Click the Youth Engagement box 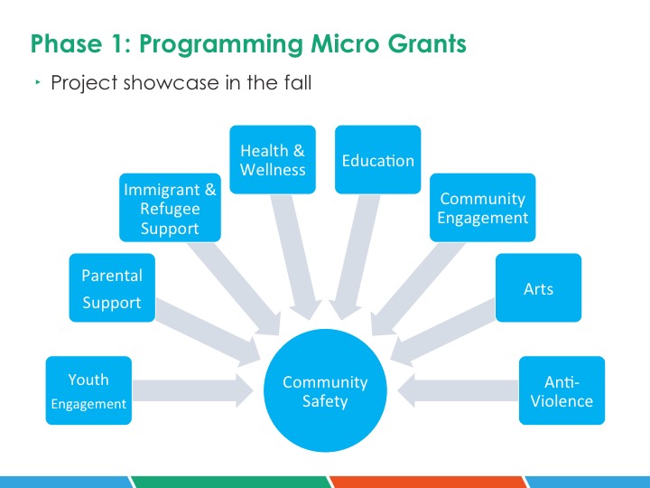click(x=88, y=390)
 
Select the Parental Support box click(x=112, y=287)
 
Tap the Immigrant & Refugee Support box click(x=170, y=208)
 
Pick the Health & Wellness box click(x=273, y=160)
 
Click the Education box click(x=378, y=160)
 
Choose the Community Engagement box click(x=482, y=208)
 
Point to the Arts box click(x=538, y=287)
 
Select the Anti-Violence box click(x=562, y=390)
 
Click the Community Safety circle click(x=325, y=390)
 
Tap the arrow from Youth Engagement click(x=193, y=390)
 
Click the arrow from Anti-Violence click(x=458, y=390)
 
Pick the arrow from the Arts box click(x=442, y=333)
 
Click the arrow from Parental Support click(x=208, y=333)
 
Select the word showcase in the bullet click(x=172, y=82)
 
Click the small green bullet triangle click(x=38, y=82)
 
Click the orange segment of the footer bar click(x=429, y=483)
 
